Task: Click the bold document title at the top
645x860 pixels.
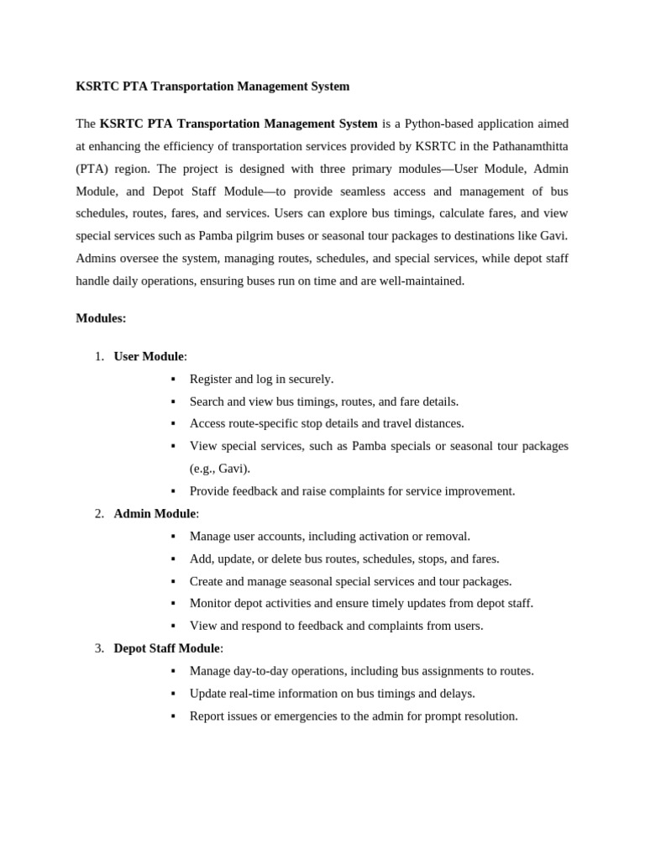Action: coord(212,87)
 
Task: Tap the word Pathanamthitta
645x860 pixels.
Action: coord(529,146)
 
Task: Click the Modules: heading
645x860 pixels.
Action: coord(101,318)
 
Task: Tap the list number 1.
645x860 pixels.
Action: coord(99,356)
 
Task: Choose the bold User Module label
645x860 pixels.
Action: coord(149,356)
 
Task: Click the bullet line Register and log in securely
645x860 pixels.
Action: coord(261,379)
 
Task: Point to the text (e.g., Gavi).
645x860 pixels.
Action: coord(220,469)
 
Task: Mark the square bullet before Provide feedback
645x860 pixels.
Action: coord(173,491)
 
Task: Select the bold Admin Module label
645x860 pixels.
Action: coord(155,513)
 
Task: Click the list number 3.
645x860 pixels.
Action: coord(99,648)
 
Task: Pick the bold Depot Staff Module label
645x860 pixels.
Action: coord(166,648)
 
